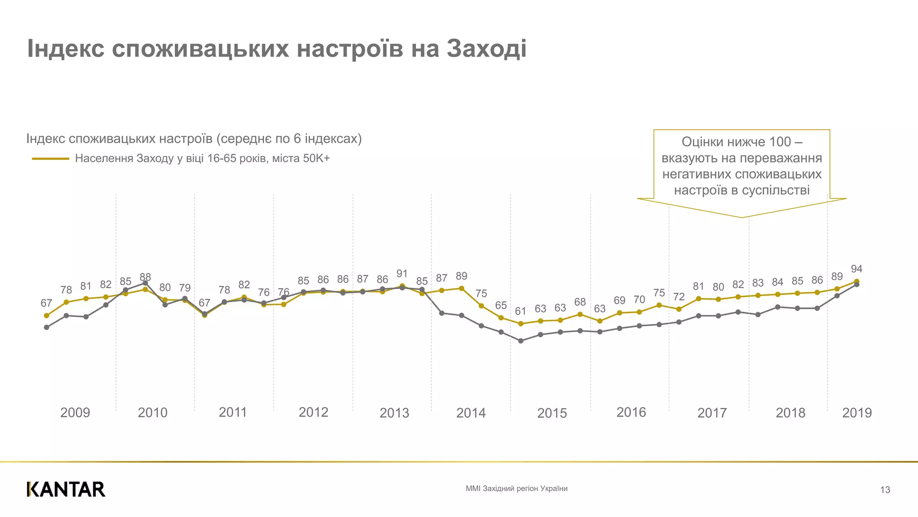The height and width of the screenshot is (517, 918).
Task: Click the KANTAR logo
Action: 66,489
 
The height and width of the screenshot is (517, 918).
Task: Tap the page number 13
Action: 885,490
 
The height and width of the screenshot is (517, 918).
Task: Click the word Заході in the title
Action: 486,49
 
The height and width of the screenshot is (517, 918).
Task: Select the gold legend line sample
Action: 50,158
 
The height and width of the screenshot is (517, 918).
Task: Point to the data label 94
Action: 857,269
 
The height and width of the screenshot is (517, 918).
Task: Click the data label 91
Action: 402,274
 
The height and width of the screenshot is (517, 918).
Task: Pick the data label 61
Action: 520,311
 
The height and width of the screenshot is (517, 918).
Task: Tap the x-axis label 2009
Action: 75,412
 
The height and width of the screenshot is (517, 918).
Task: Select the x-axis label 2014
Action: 471,413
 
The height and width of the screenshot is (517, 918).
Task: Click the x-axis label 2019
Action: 857,412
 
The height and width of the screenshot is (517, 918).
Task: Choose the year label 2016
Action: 631,412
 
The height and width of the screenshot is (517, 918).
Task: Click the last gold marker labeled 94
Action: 857,281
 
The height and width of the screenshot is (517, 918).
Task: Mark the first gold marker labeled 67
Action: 47,315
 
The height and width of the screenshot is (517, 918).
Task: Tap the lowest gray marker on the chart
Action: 520,341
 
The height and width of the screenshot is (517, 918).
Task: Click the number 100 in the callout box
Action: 780,142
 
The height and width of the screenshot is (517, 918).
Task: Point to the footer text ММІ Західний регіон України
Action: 516,489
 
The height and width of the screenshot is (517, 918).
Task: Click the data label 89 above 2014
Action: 461,276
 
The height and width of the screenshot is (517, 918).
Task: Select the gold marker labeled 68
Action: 580,314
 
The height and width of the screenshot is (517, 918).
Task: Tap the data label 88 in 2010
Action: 145,277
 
